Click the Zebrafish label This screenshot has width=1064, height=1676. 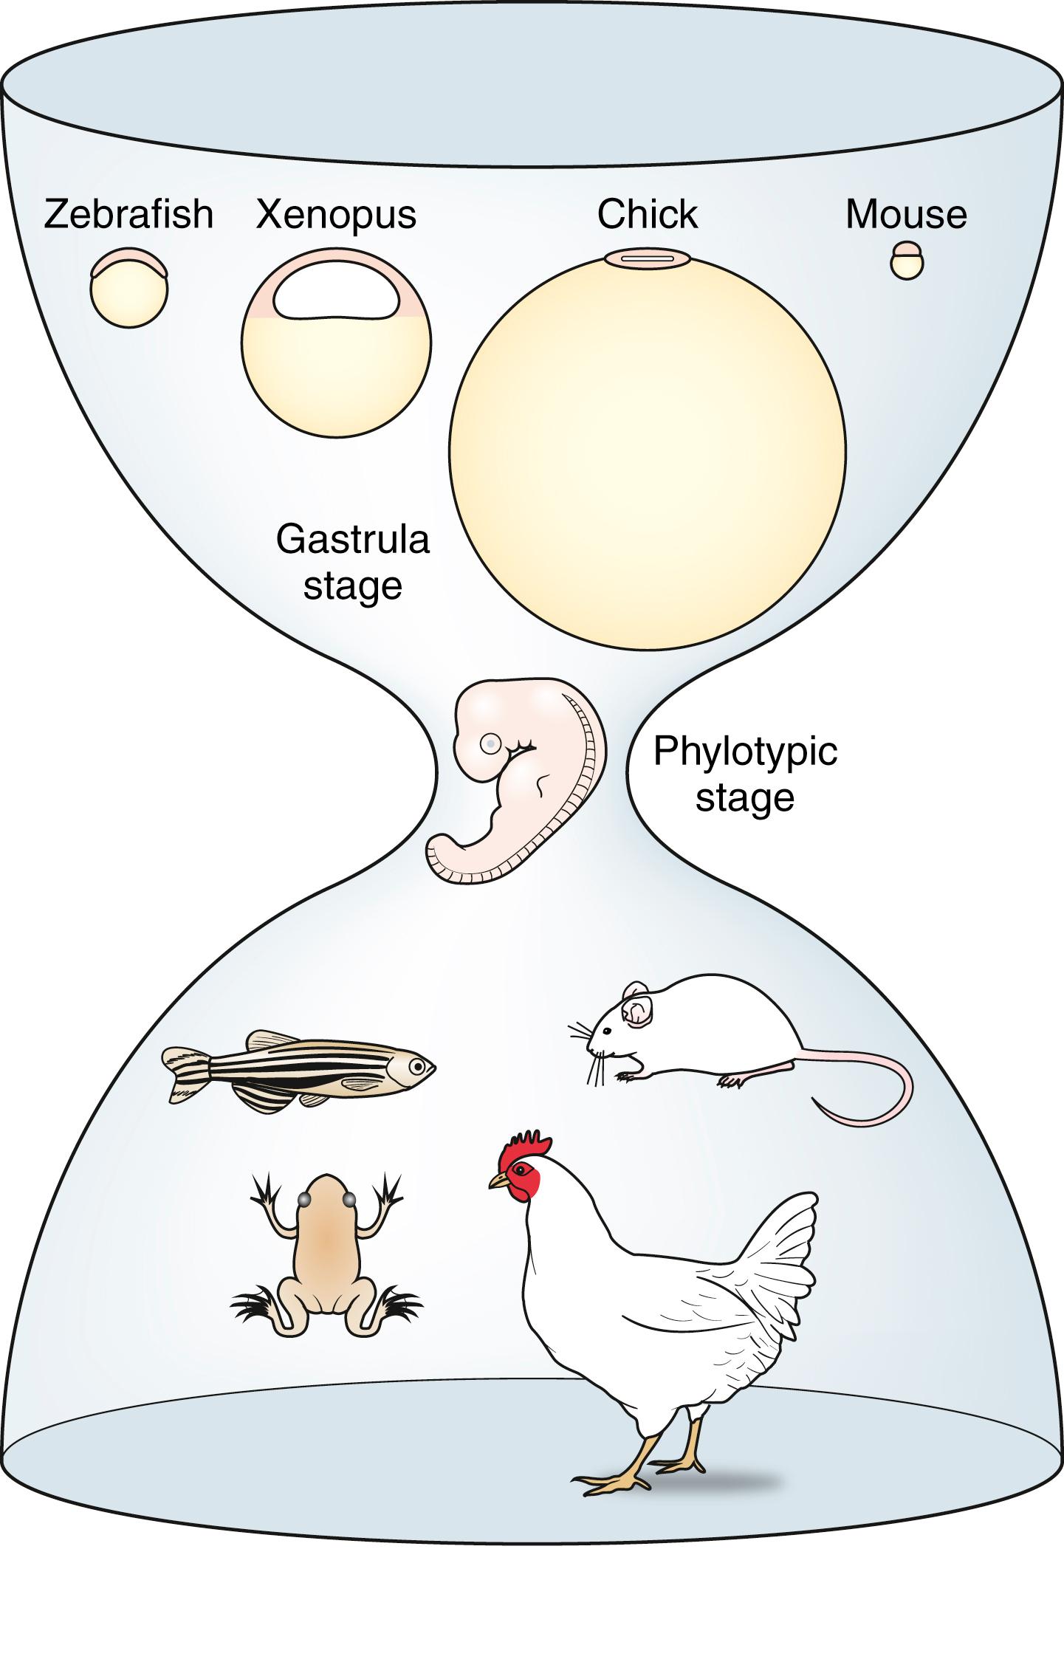(128, 215)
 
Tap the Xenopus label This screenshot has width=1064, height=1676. (336, 215)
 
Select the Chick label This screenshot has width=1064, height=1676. (647, 215)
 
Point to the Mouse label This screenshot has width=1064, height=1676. (905, 215)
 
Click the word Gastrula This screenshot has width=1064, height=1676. (352, 540)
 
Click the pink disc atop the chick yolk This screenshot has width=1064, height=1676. (647, 258)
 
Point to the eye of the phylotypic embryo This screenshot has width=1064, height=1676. (490, 744)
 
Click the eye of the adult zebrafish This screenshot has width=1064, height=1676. (417, 1066)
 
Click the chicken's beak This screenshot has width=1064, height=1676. (498, 1181)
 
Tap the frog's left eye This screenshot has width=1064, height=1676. (303, 1201)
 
